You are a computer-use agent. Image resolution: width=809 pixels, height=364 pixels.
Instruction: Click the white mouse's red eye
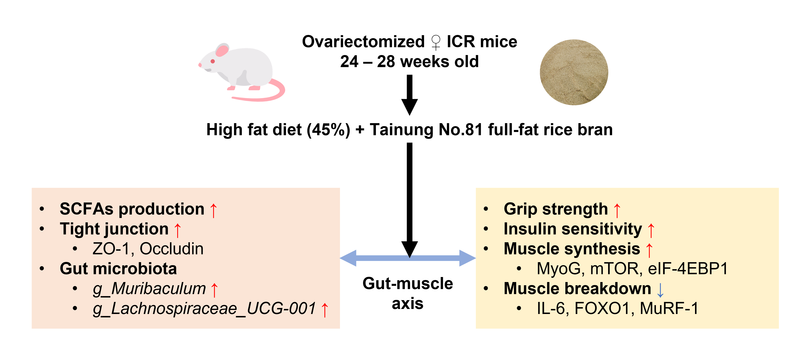pos(213,61)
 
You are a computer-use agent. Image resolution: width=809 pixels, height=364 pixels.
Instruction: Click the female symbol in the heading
pos(436,42)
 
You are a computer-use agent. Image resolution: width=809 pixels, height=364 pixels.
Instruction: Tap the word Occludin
pos(171,249)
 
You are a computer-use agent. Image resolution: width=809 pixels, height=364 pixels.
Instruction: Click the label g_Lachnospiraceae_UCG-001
pos(204,309)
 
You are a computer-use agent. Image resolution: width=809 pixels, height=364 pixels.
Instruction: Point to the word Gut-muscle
pos(408,283)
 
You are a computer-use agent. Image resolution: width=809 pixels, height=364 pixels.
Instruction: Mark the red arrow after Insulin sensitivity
pos(651,230)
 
